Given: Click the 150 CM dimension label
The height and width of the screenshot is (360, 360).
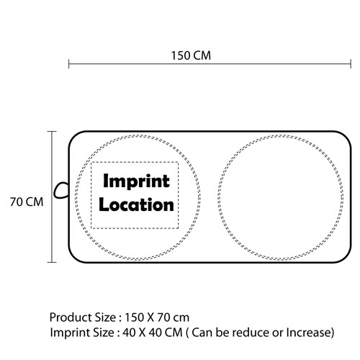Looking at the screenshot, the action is tap(191, 55).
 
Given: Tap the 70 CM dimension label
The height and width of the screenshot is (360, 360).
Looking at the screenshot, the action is tap(27, 202).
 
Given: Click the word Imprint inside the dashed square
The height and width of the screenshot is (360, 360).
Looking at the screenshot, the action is tap(136, 181).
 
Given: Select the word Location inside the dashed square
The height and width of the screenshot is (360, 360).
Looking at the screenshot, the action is tap(136, 204).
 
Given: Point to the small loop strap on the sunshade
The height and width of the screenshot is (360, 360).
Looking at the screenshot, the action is tap(60, 190).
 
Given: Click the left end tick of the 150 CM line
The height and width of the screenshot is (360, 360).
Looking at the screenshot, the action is tap(69, 64).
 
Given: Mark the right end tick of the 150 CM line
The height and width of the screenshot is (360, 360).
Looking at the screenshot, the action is tap(351, 64).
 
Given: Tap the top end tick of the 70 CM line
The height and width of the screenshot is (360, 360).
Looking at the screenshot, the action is tap(52, 132).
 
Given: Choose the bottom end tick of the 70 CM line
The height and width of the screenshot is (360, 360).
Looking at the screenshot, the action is tap(52, 262).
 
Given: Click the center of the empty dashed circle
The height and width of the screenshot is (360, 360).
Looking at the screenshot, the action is tap(281, 197).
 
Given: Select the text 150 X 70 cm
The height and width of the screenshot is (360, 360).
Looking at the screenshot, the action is tap(157, 318).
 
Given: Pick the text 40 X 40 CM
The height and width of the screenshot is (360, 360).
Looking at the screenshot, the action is tap(153, 333).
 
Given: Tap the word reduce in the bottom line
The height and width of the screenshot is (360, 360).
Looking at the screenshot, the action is tap(251, 333).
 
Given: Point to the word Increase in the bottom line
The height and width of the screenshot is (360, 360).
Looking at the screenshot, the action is tap(308, 333).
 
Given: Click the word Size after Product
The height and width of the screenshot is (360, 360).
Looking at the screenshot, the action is tap(106, 318).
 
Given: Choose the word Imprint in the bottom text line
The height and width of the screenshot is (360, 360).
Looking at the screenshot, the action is tap(70, 333).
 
